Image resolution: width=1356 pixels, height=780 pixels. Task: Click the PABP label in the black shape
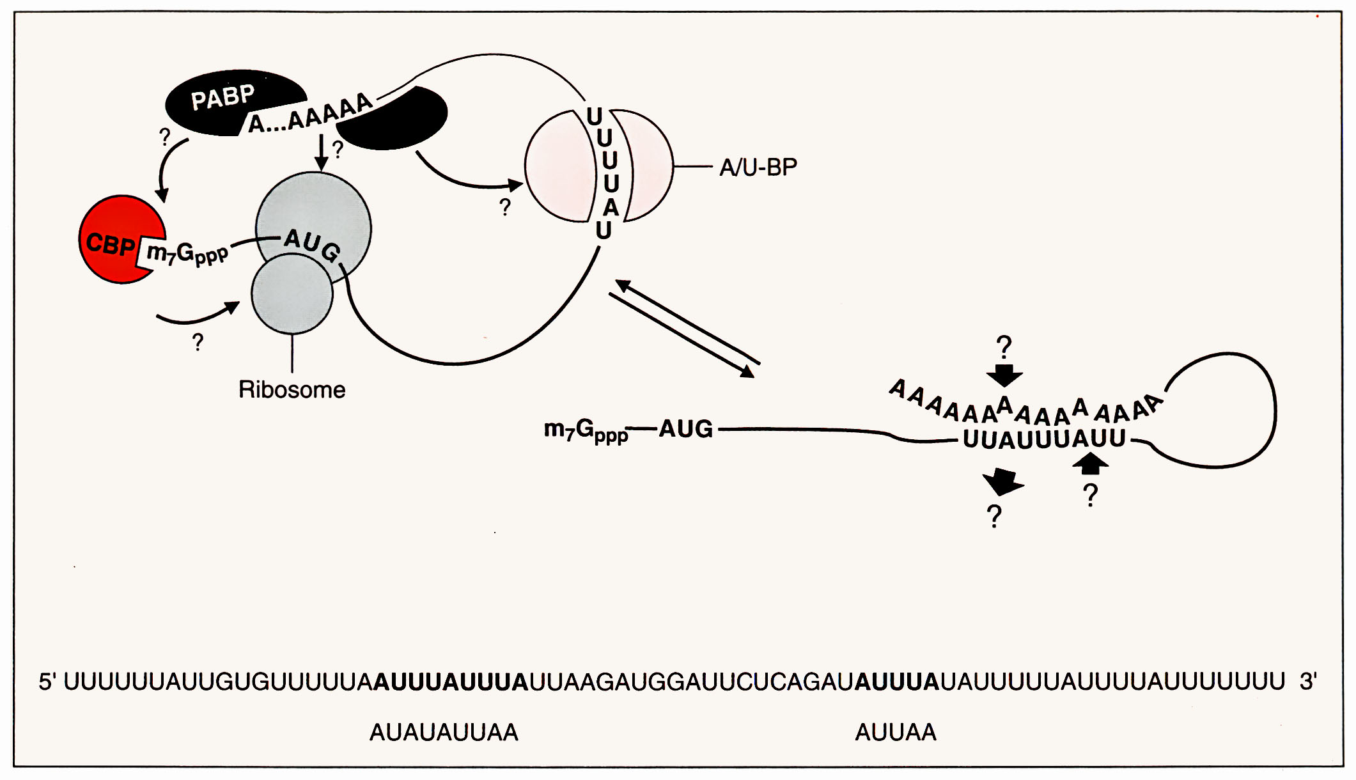(222, 98)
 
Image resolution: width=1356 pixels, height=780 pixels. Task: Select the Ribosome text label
(292, 389)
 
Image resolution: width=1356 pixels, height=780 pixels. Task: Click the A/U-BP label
(758, 168)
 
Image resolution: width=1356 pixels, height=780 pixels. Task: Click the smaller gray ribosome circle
(292, 294)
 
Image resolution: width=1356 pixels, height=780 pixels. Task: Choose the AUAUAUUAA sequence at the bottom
(444, 732)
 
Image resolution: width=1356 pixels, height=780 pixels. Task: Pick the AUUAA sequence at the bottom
(895, 732)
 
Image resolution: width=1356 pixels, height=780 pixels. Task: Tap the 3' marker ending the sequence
(1307, 682)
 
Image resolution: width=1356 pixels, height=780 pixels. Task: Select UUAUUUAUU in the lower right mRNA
(1044, 439)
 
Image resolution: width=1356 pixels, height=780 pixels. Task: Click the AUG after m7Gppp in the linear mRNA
(685, 429)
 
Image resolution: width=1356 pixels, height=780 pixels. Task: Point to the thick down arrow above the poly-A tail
(1004, 375)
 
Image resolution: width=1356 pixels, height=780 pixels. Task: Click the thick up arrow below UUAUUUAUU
(1090, 463)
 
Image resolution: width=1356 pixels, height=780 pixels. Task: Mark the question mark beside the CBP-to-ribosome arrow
(198, 343)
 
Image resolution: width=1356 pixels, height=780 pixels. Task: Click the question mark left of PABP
(165, 137)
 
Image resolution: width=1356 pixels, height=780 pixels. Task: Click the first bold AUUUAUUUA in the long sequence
(451, 682)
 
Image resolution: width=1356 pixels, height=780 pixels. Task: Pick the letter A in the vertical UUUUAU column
(611, 208)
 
